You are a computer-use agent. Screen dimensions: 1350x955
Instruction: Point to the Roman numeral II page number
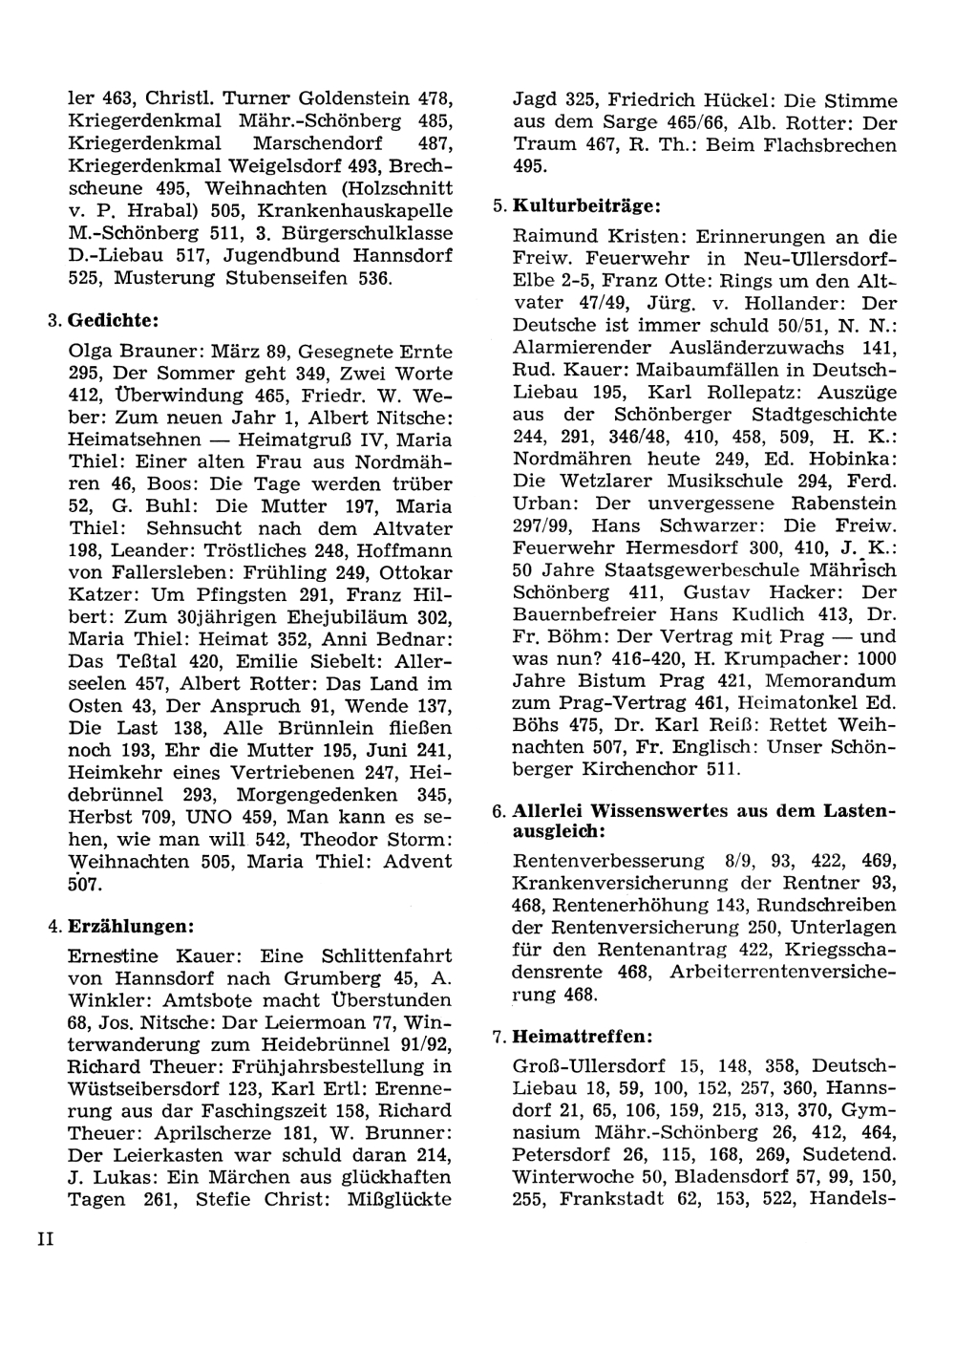coord(47,1239)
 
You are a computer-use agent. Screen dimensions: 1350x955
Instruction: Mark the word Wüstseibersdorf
coord(154,1089)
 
